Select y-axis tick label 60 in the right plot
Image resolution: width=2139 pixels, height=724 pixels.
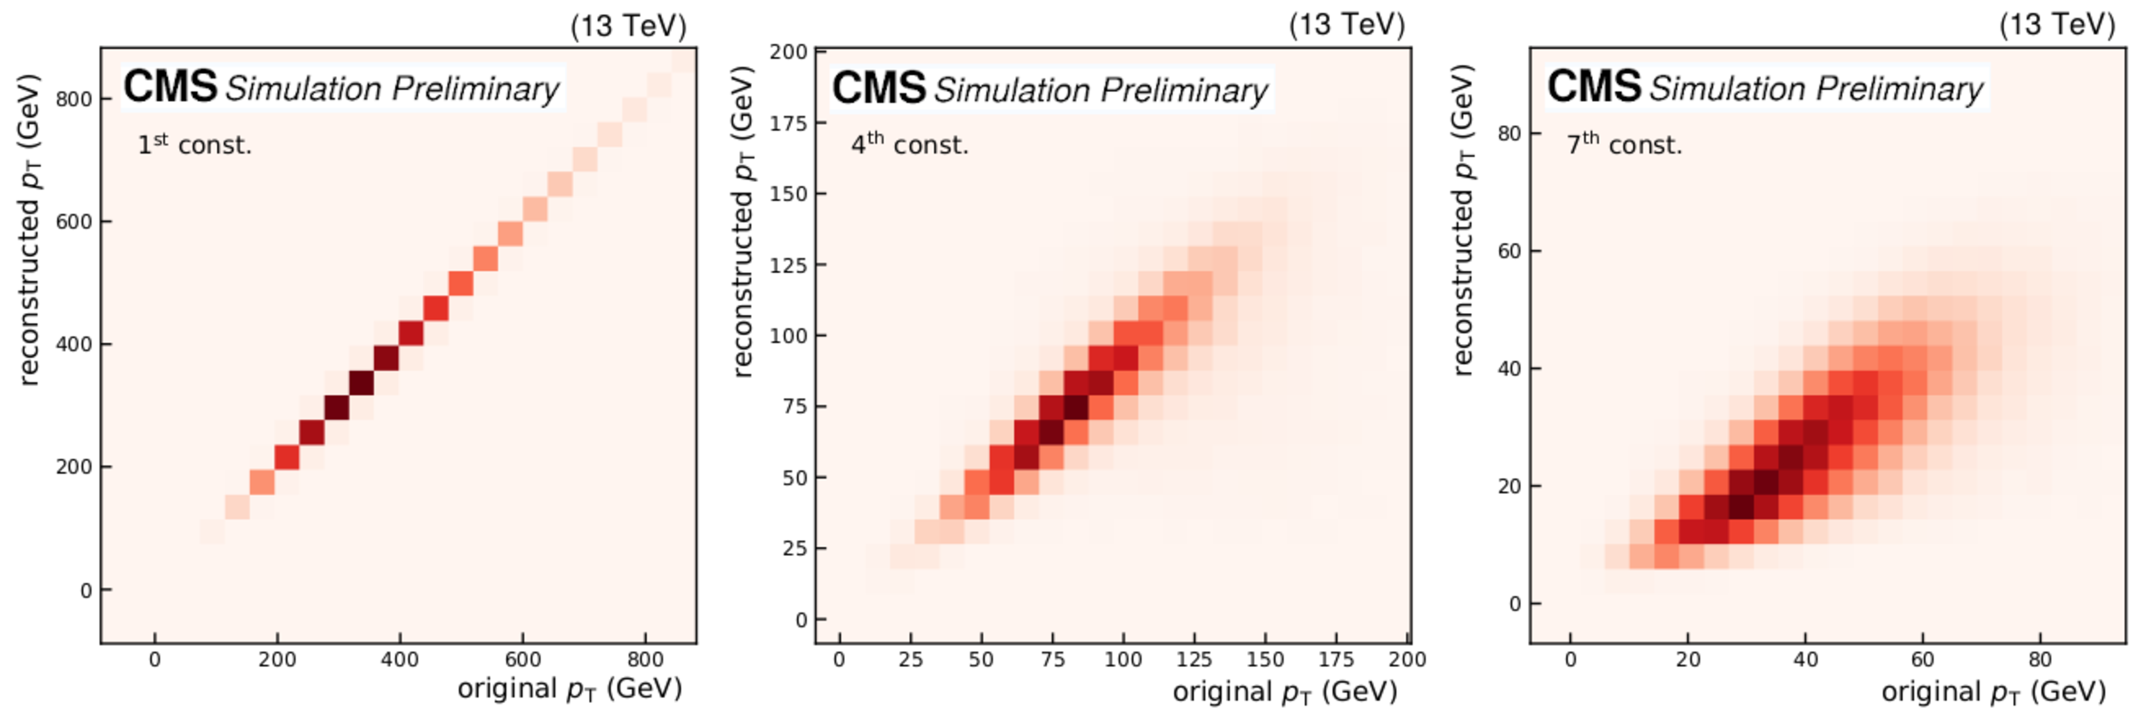[1509, 251]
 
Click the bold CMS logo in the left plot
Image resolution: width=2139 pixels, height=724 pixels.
[170, 87]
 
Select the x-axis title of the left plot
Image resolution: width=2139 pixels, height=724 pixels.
[570, 689]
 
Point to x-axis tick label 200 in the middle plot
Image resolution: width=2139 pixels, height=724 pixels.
[1407, 660]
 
